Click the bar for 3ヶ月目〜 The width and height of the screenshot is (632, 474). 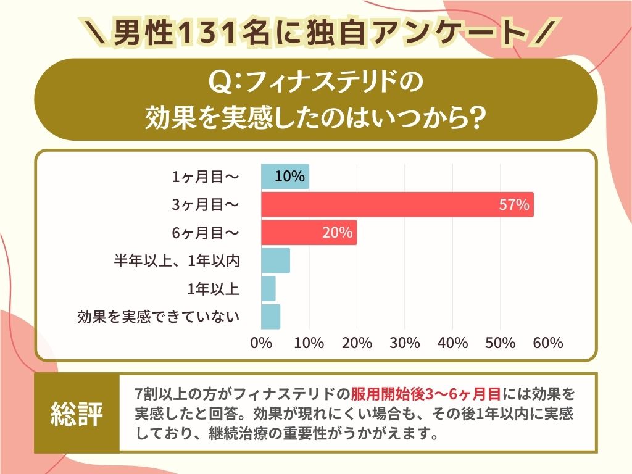397,204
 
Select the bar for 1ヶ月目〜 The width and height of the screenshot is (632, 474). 285,177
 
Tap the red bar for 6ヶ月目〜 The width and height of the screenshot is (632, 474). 309,233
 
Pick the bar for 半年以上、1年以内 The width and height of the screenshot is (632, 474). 275,260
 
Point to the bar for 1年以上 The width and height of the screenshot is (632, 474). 268,288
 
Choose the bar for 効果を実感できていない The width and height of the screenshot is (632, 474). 270,317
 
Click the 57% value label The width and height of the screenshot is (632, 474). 514,205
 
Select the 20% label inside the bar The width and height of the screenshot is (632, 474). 337,233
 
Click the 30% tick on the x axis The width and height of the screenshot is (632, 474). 405,343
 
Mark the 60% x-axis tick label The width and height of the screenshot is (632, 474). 548,343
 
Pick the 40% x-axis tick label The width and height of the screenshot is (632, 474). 452,343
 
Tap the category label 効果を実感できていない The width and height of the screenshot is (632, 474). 158,317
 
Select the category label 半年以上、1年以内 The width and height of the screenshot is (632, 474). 177,260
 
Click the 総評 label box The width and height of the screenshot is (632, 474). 77,414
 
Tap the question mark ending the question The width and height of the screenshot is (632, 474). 473,115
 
